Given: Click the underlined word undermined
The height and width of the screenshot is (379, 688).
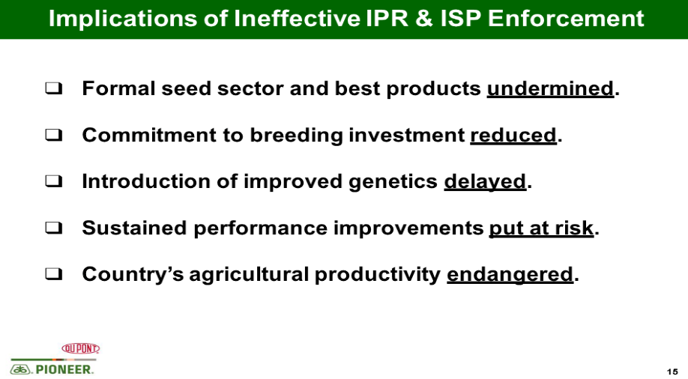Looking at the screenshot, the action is pyautogui.click(x=550, y=88).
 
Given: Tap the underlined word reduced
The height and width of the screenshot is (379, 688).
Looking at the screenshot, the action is pyautogui.click(x=513, y=135).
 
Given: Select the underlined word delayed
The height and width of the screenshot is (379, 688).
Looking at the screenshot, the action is pyautogui.click(x=485, y=181).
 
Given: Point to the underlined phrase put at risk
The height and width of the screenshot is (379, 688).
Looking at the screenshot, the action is pyautogui.click(x=541, y=228).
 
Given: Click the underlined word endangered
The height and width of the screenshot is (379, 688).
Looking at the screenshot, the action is pyautogui.click(x=510, y=275).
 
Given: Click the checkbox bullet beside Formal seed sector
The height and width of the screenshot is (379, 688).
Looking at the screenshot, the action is pyautogui.click(x=53, y=88).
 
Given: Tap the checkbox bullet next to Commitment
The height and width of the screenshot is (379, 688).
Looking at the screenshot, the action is pyautogui.click(x=53, y=135).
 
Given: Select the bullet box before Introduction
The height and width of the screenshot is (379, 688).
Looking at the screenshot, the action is pyautogui.click(x=53, y=181).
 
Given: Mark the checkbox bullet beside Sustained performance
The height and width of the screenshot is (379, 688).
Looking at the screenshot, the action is pyautogui.click(x=53, y=228).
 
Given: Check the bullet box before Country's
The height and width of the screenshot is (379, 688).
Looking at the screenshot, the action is pyautogui.click(x=53, y=275).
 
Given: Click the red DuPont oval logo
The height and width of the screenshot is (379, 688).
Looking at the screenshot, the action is pyautogui.click(x=81, y=349).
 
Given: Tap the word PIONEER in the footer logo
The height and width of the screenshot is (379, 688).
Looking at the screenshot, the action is pyautogui.click(x=64, y=370).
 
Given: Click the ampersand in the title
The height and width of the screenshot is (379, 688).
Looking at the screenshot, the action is pyautogui.click(x=423, y=19).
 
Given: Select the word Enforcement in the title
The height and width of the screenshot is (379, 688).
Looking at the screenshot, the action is pyautogui.click(x=566, y=19).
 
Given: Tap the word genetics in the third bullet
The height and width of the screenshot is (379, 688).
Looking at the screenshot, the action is pyautogui.click(x=393, y=181).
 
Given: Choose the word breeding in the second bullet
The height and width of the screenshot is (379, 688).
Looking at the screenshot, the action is pyautogui.click(x=296, y=135).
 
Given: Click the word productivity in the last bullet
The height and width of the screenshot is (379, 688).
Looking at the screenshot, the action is pyautogui.click(x=377, y=275).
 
